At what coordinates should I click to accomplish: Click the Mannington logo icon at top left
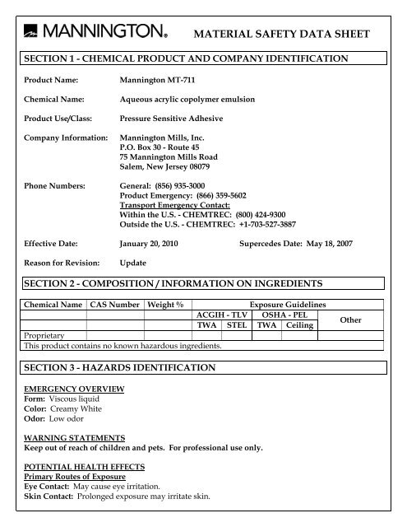30,31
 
